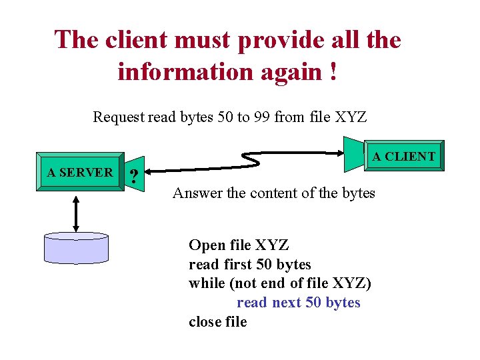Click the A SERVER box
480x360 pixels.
80,173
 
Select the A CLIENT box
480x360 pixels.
403,157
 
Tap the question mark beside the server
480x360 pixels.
135,177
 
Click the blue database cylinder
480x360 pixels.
75,248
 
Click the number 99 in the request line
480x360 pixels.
261,117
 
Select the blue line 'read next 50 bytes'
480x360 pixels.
298,303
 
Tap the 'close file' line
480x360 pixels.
217,322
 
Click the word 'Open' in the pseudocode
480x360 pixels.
205,245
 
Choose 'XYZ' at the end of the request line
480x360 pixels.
351,117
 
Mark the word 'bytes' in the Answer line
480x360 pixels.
358,193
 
